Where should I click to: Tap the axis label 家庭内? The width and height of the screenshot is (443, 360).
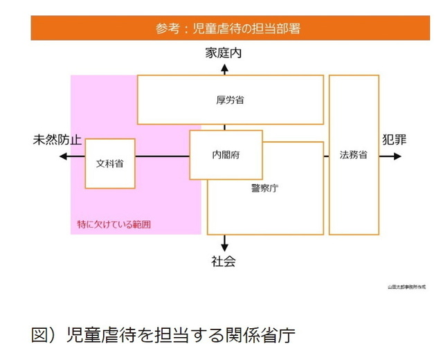pyautogui.click(x=224, y=53)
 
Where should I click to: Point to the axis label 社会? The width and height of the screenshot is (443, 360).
pyautogui.click(x=224, y=262)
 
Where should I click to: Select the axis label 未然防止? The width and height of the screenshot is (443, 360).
pyautogui.click(x=57, y=140)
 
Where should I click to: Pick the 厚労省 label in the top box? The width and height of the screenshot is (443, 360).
pyautogui.click(x=230, y=100)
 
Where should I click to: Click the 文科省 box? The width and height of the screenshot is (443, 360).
pyautogui.click(x=109, y=163)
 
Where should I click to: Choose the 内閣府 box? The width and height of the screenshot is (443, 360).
pyautogui.click(x=226, y=155)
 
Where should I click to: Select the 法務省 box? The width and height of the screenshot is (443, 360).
pyautogui.click(x=354, y=155)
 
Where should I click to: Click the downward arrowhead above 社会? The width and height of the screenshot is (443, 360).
pyautogui.click(x=224, y=247)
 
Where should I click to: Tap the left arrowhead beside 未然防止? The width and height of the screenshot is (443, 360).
pyautogui.click(x=62, y=156)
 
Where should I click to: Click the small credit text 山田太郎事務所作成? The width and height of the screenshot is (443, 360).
pyautogui.click(x=407, y=286)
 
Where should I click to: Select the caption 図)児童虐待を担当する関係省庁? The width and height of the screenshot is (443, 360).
pyautogui.click(x=163, y=336)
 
